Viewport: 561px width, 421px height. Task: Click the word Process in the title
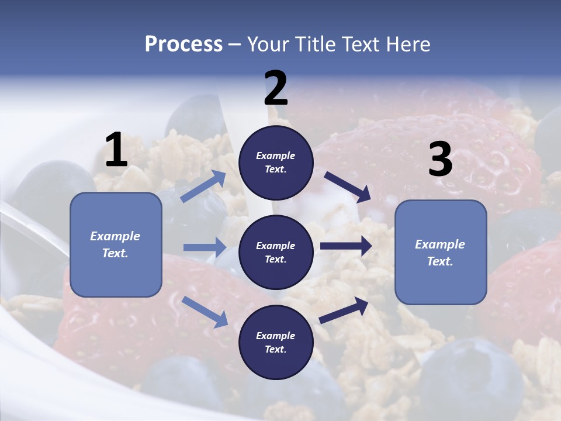click(x=183, y=44)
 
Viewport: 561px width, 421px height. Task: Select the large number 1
click(x=116, y=150)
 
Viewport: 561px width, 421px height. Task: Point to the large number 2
click(x=276, y=88)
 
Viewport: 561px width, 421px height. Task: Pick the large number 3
click(x=440, y=160)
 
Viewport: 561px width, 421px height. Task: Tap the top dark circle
click(x=276, y=163)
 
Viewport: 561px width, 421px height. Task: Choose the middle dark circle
click(x=276, y=252)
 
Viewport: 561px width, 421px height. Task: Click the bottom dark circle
click(x=276, y=342)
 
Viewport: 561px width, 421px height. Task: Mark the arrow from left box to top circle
click(x=203, y=187)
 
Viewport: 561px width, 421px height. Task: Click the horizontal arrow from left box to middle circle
click(x=205, y=247)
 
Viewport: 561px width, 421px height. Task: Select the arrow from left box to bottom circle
click(x=205, y=312)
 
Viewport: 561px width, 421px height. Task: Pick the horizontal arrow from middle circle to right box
click(x=345, y=246)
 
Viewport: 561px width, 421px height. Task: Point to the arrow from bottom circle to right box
click(x=344, y=310)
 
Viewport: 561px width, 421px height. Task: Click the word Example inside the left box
click(x=115, y=236)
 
